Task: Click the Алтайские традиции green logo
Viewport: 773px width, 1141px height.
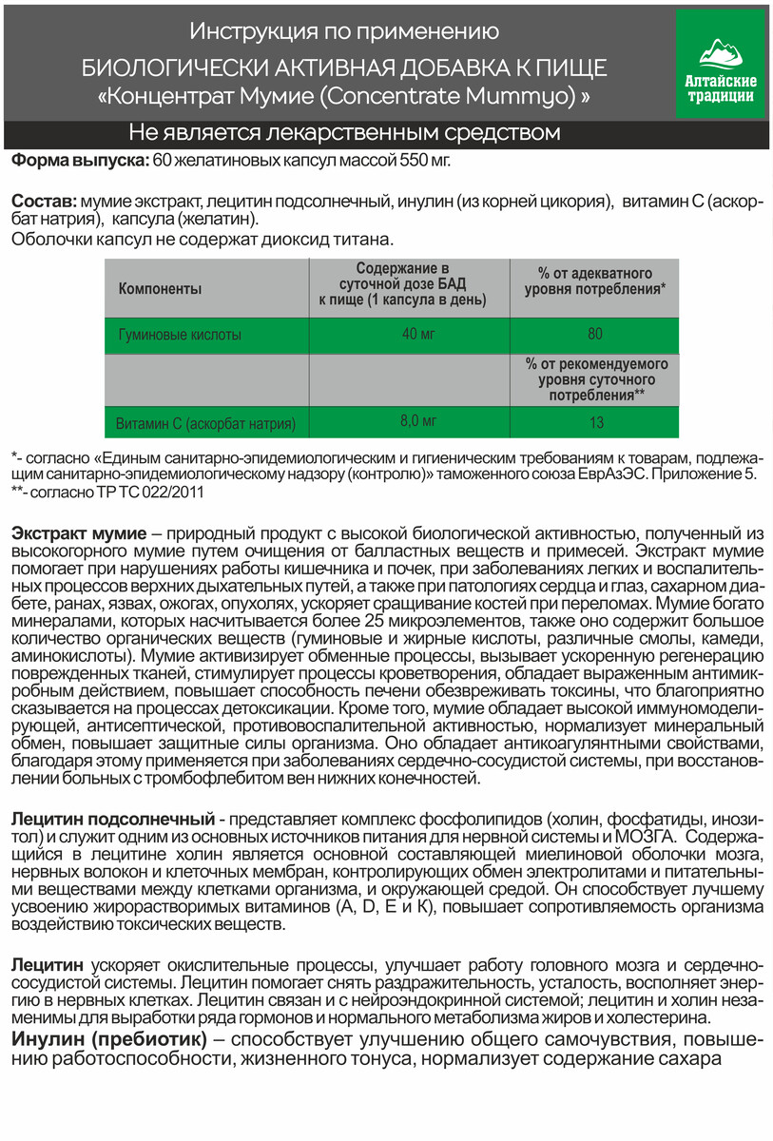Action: (719, 63)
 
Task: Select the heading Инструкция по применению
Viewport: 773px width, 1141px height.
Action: (344, 32)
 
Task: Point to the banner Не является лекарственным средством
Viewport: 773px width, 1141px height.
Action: (344, 131)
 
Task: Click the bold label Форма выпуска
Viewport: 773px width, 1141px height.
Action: (79, 160)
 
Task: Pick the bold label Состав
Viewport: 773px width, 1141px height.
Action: (43, 201)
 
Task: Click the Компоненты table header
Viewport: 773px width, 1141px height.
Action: (160, 287)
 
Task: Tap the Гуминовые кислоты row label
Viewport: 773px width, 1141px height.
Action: (179, 335)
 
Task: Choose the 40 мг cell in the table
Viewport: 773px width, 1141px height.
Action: (410, 335)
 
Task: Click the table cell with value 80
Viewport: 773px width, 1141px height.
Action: (595, 335)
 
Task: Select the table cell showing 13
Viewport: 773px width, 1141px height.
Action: (595, 421)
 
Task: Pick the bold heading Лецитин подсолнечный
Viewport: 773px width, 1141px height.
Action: (110, 818)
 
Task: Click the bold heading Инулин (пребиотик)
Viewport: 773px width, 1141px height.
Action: (110, 1035)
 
